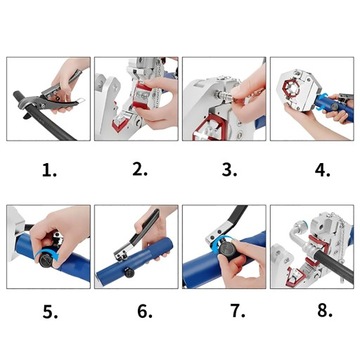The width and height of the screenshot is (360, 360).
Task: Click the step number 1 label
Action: coord(49,171)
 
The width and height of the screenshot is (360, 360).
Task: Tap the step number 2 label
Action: coord(140,169)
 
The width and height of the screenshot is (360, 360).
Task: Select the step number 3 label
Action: coord(229,170)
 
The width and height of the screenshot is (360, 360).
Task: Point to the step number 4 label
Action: coord(322,170)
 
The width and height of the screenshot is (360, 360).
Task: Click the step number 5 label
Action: coord(50,312)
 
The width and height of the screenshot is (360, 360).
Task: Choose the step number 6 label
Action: coord(145,311)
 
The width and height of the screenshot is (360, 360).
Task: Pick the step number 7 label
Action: coord(238,311)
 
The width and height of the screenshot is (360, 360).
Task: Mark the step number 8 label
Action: coord(325,310)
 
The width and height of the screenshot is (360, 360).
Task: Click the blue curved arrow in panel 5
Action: coord(53,256)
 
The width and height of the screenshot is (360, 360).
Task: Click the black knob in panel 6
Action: coord(128,273)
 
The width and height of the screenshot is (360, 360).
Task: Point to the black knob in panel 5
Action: coord(46,261)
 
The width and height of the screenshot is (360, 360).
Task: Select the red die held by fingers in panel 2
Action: coord(144,96)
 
